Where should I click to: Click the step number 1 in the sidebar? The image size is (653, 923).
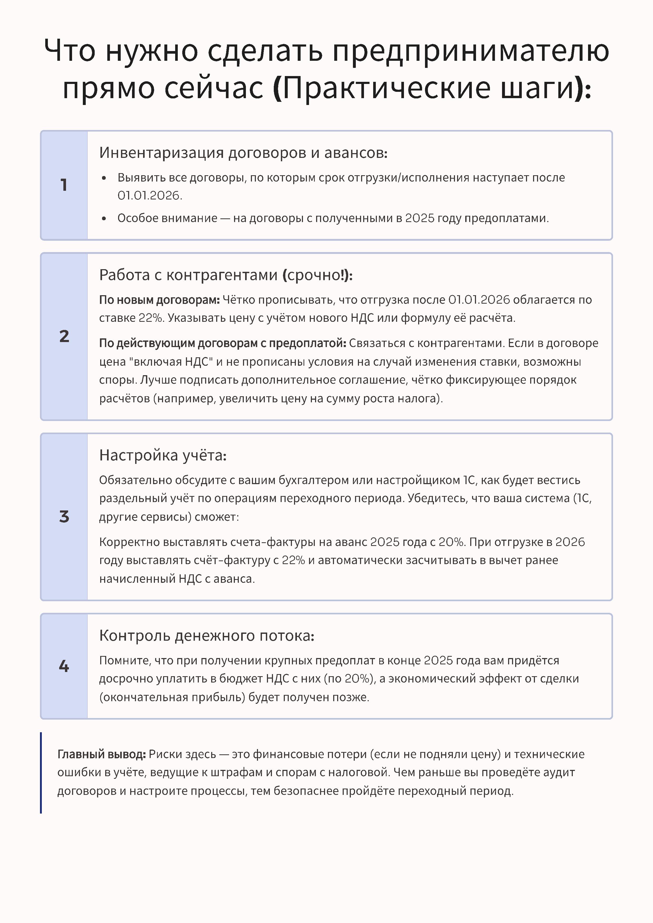[64, 185]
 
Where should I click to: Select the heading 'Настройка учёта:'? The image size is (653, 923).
[163, 455]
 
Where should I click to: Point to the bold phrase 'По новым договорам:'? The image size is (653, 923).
[159, 300]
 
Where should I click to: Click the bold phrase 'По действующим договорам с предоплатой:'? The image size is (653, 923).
[222, 343]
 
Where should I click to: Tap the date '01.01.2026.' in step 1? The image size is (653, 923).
[150, 195]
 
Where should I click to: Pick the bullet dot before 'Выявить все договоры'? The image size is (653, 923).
[104, 178]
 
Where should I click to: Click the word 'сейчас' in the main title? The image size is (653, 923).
[214, 88]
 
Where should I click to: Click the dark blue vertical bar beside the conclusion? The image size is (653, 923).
[41, 772]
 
